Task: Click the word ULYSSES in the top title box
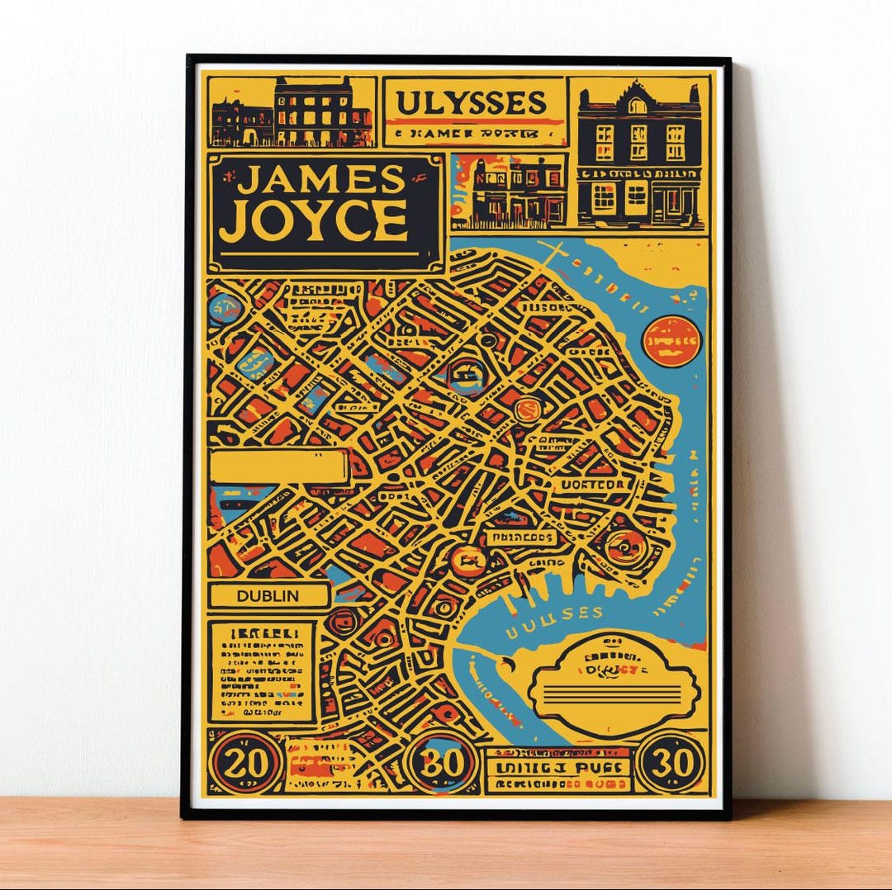pos(472,103)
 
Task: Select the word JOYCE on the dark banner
pos(319,220)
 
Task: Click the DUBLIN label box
pos(268,595)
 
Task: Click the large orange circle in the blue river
pos(671,340)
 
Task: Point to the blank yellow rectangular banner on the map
pos(278,467)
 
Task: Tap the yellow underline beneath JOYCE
pos(322,253)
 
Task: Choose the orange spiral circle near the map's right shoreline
pos(620,546)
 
